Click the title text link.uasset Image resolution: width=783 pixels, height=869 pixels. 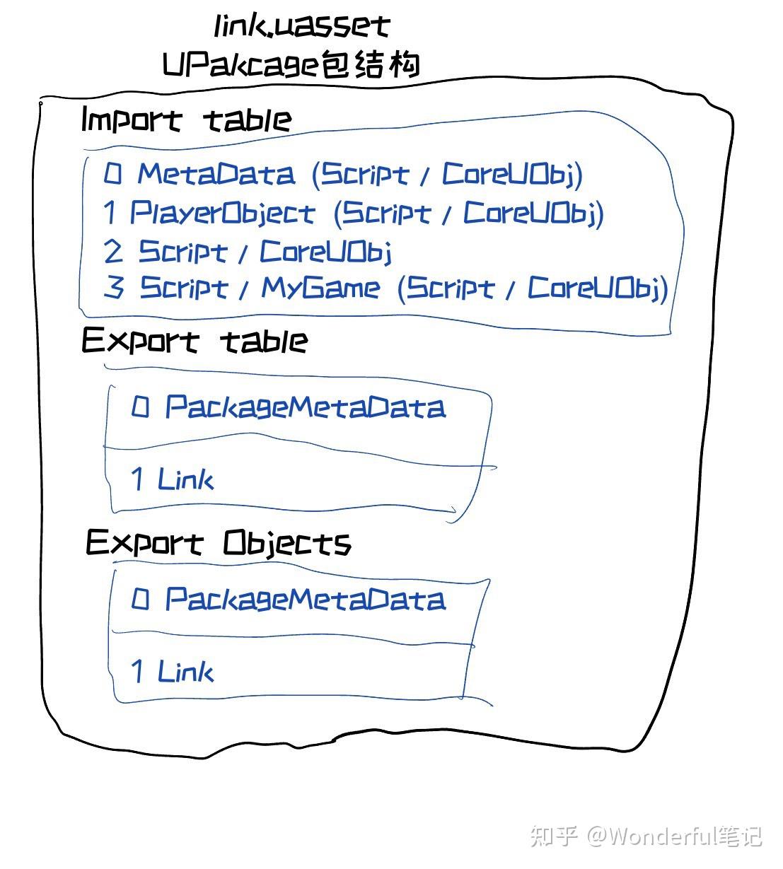tap(302, 26)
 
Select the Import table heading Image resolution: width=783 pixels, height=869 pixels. tap(186, 120)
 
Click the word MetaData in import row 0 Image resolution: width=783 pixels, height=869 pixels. tap(216, 174)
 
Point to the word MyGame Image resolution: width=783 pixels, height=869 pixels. tap(320, 288)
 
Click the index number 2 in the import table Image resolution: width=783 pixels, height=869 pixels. tap(113, 251)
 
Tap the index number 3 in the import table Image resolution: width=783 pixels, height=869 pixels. tap(114, 287)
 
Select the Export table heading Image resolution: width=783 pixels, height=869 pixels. tap(195, 341)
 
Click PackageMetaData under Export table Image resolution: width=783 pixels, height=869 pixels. tap(305, 407)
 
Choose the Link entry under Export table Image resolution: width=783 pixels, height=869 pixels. tap(185, 479)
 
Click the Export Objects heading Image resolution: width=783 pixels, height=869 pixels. tap(219, 543)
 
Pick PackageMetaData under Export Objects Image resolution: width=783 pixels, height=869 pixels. tap(305, 600)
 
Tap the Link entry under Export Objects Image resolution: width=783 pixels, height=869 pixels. tap(185, 671)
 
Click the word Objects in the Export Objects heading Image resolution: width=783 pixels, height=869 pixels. tap(287, 543)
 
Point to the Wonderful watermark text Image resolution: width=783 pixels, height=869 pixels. tap(661, 836)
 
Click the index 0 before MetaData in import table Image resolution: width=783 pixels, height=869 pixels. tap(112, 173)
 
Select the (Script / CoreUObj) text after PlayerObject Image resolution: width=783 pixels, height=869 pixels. tap(469, 213)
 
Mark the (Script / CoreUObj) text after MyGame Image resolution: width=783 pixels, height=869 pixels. tap(533, 288)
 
